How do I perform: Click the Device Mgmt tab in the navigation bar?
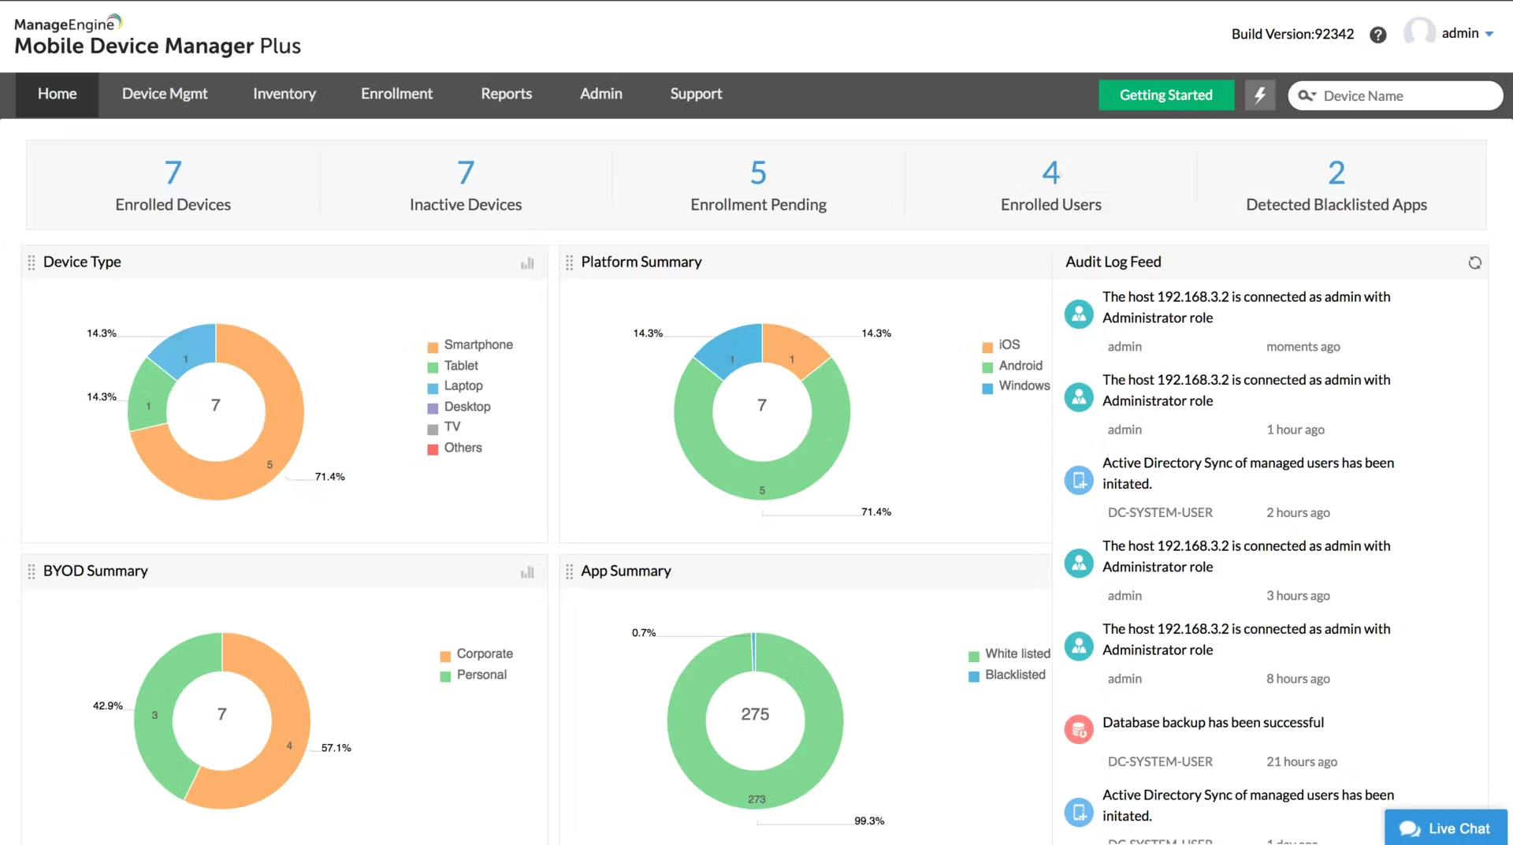[165, 94]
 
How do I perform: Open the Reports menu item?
[506, 94]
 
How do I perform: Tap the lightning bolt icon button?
[1259, 95]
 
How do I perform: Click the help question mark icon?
[1377, 35]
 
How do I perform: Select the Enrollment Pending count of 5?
[758, 173]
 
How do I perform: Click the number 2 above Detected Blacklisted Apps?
[1336, 173]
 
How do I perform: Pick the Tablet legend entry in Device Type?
[461, 366]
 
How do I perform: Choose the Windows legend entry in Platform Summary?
[1024, 386]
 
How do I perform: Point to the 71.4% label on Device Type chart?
[329, 477]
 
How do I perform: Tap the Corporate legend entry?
[484, 654]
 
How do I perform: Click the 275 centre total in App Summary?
[755, 714]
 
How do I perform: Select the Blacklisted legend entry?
[1015, 676]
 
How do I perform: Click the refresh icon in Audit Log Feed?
[1474, 263]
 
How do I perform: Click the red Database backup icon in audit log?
[1079, 730]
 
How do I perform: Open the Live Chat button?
[1446, 828]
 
